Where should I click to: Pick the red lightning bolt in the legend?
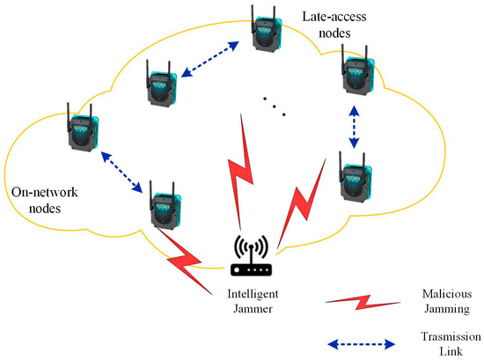coord(357,302)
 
